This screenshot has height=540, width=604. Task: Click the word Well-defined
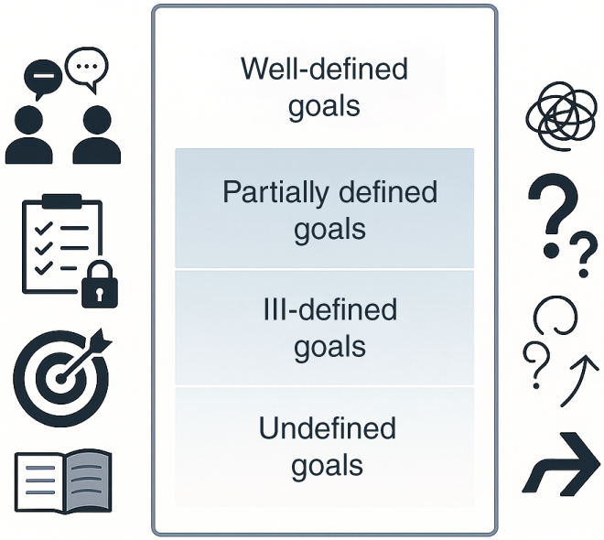click(324, 70)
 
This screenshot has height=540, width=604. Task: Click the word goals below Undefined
click(327, 466)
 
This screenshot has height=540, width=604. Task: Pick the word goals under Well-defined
click(324, 106)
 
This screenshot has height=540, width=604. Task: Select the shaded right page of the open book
click(88, 481)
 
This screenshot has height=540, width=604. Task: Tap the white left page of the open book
click(38, 481)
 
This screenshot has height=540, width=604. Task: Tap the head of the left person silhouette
click(28, 119)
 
